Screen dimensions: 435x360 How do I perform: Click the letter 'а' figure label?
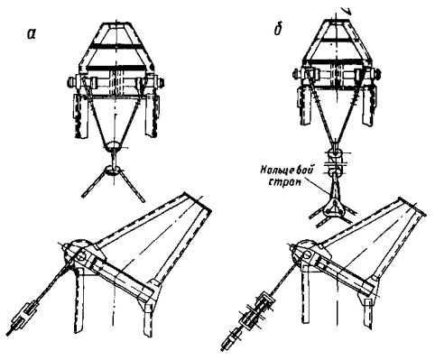(x=31, y=34)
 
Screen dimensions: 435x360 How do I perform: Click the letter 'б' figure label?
(x=277, y=30)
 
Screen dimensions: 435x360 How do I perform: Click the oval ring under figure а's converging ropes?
(x=113, y=146)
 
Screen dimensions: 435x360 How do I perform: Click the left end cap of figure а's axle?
(x=72, y=82)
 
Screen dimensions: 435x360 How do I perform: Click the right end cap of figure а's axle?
(x=161, y=82)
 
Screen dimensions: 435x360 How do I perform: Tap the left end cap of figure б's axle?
(x=296, y=73)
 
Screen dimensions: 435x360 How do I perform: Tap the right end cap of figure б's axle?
(x=377, y=73)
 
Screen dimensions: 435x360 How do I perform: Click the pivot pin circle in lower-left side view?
(x=81, y=256)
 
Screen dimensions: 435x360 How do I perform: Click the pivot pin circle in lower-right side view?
(x=309, y=254)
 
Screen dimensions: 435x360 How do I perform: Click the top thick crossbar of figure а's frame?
(x=116, y=46)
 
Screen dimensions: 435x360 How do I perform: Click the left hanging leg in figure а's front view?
(x=80, y=116)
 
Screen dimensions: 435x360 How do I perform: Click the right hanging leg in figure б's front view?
(x=368, y=106)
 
